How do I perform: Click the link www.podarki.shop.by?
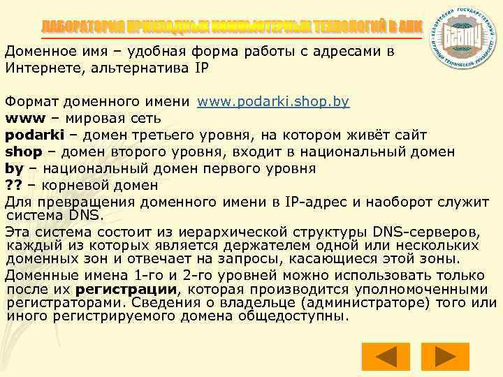pos(273,102)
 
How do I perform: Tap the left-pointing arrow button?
pos(387,357)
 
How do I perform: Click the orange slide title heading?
pos(231,26)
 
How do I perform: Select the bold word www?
pos(22,118)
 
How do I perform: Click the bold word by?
pos(14,168)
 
